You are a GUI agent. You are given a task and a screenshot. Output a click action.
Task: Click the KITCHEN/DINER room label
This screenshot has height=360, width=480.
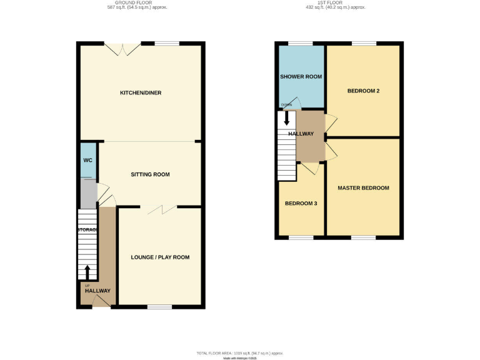(x=141, y=93)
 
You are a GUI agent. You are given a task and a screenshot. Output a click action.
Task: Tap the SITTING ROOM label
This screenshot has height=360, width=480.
(x=150, y=174)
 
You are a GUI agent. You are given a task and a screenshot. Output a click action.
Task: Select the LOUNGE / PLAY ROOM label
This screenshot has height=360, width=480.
(x=160, y=257)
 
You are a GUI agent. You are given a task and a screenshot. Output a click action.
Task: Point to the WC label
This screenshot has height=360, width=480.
(x=88, y=161)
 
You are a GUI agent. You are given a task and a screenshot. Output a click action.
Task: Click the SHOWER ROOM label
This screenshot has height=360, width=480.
(x=301, y=77)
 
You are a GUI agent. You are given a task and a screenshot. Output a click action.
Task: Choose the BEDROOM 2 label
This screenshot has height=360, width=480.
(x=363, y=91)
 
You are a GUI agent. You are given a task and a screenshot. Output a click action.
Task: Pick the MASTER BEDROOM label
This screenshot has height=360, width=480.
(x=363, y=187)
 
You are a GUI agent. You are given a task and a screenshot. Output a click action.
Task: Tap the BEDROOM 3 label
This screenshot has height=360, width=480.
(x=301, y=204)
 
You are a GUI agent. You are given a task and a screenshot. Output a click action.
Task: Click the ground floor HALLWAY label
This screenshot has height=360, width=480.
(x=97, y=291)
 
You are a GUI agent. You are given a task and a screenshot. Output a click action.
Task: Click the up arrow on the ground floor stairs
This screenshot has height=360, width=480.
(x=87, y=272)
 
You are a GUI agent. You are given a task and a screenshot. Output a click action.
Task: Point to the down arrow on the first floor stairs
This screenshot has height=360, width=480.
(x=287, y=119)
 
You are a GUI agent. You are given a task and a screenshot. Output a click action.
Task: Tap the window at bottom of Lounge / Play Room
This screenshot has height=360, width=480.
(x=159, y=306)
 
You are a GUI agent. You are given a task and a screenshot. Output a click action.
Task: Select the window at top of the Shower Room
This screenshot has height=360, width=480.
(x=300, y=43)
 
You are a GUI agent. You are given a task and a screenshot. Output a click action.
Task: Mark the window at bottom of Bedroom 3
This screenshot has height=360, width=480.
(x=301, y=237)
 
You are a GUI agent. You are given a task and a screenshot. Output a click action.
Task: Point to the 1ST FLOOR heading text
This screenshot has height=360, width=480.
(x=335, y=2)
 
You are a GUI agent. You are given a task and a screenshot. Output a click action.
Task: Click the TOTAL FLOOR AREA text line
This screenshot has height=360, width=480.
(x=240, y=354)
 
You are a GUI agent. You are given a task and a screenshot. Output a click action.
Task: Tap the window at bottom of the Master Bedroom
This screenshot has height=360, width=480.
(x=363, y=237)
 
